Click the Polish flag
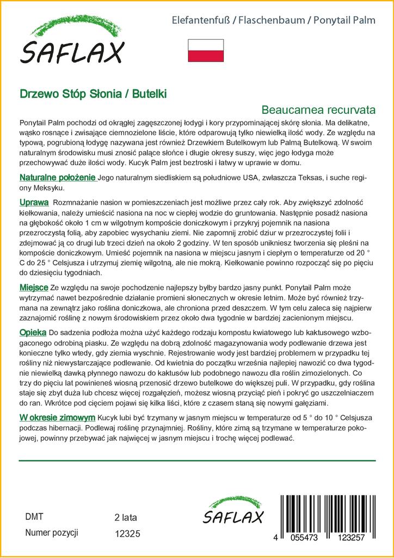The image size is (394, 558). click(206, 50)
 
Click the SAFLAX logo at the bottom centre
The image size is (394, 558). click(233, 512)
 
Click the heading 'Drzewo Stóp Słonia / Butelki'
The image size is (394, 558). click(93, 93)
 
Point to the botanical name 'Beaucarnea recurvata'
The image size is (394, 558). click(318, 110)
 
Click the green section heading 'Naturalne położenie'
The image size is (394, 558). click(58, 178)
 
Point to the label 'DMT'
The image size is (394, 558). click(34, 517)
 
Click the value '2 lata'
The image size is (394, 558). click(126, 517)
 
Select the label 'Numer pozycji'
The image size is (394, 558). click(52, 532)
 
